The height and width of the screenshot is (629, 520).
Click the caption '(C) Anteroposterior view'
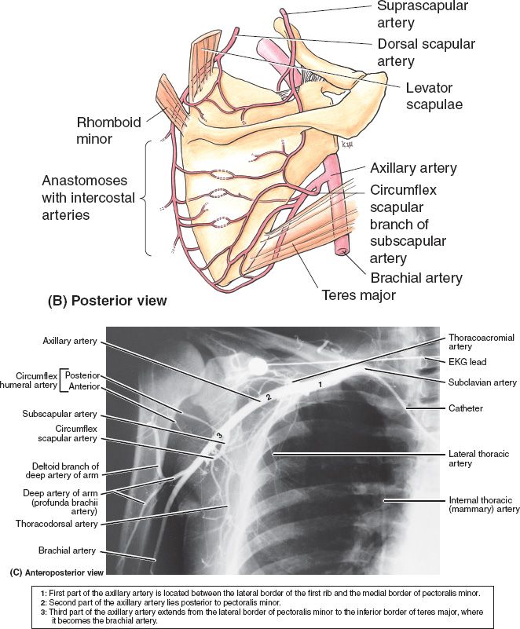pos(56,572)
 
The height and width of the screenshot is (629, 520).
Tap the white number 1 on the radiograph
pos(320,384)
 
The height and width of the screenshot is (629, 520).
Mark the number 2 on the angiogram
pos(268,397)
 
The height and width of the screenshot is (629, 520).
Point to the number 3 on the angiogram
pos(220,436)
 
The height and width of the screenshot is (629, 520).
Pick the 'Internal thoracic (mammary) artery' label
pos(484,504)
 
